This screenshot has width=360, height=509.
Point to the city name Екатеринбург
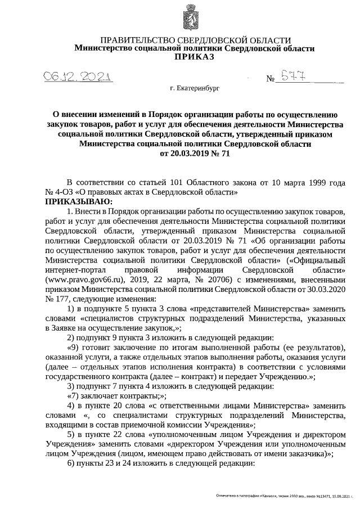(x=195, y=89)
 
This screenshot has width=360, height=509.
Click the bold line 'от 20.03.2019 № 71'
(x=195, y=152)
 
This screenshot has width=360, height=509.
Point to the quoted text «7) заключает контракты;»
(x=107, y=396)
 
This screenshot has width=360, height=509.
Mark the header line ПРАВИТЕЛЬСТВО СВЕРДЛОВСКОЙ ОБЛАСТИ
(x=195, y=40)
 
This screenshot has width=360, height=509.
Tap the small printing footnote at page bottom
(x=286, y=497)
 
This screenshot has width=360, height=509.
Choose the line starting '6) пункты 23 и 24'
(x=161, y=464)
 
